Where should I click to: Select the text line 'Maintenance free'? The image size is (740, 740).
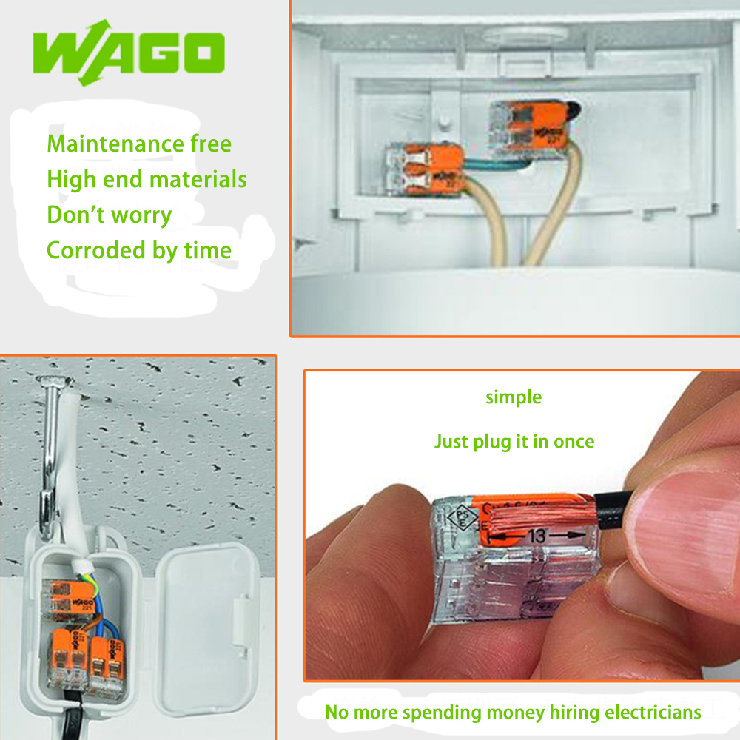[x=139, y=144]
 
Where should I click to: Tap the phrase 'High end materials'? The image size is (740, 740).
[x=147, y=179]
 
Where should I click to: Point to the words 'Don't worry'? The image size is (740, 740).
[x=109, y=215]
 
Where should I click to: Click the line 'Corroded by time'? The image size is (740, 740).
[x=139, y=250]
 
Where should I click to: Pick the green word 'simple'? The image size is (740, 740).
[x=514, y=397]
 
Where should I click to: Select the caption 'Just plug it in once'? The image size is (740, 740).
[x=514, y=442]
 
